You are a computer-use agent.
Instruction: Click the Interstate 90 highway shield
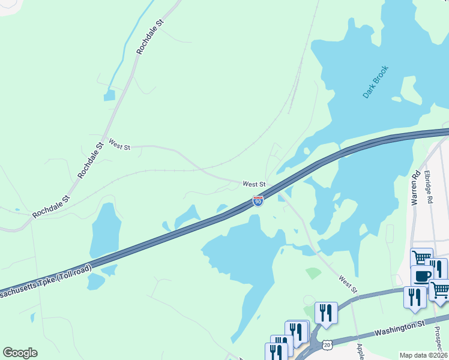pos(258,201)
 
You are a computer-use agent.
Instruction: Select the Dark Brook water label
pos(376,82)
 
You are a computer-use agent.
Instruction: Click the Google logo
pos(20,352)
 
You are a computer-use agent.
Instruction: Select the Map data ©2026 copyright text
pos(423,355)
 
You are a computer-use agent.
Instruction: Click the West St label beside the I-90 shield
pos(254,184)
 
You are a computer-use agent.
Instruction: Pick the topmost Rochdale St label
pos(150,37)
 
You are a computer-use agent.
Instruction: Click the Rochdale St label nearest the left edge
pos(51,206)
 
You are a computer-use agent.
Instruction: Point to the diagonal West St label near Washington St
pos(348,284)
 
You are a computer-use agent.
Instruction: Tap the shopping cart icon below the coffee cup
pos(440,289)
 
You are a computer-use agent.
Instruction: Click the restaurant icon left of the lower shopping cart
pos(414,296)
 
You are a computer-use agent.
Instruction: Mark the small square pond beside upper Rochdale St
pos(109,95)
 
